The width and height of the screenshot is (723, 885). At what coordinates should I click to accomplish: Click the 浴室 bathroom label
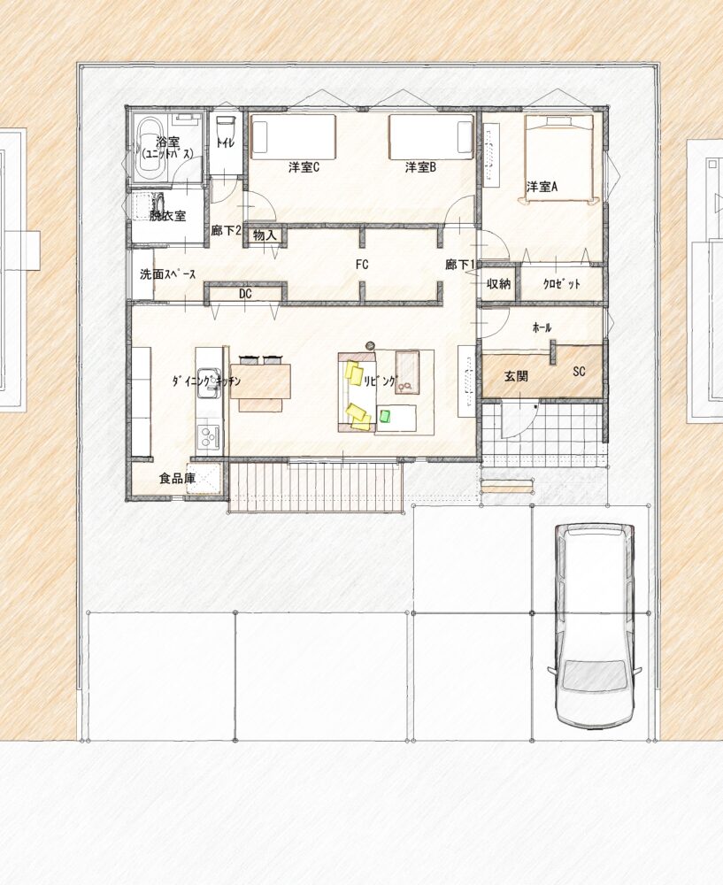tap(167, 142)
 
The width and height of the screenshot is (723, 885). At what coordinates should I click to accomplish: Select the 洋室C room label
tap(304, 167)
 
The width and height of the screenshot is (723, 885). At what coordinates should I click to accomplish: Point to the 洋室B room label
tap(420, 167)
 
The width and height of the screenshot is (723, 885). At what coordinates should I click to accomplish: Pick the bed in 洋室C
tap(294, 135)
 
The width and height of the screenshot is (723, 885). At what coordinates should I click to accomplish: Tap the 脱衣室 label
tap(167, 216)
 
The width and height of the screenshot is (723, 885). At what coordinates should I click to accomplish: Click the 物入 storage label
tap(264, 235)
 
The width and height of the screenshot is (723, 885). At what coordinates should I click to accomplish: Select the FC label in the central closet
tap(362, 264)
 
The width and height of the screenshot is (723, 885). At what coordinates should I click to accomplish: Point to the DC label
tap(245, 294)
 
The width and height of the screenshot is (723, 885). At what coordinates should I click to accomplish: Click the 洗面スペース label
tap(168, 275)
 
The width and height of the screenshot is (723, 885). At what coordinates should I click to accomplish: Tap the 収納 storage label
tap(498, 283)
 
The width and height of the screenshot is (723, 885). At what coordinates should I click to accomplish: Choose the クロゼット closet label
tap(562, 284)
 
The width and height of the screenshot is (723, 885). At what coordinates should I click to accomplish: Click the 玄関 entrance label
tap(516, 376)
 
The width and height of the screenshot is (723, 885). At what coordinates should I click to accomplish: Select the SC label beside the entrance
tap(579, 372)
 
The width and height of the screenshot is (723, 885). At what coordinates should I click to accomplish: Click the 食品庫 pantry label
tap(177, 479)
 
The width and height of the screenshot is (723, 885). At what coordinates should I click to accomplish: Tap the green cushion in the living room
tap(386, 416)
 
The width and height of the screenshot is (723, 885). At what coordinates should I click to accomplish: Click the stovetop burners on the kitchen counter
tap(209, 437)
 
